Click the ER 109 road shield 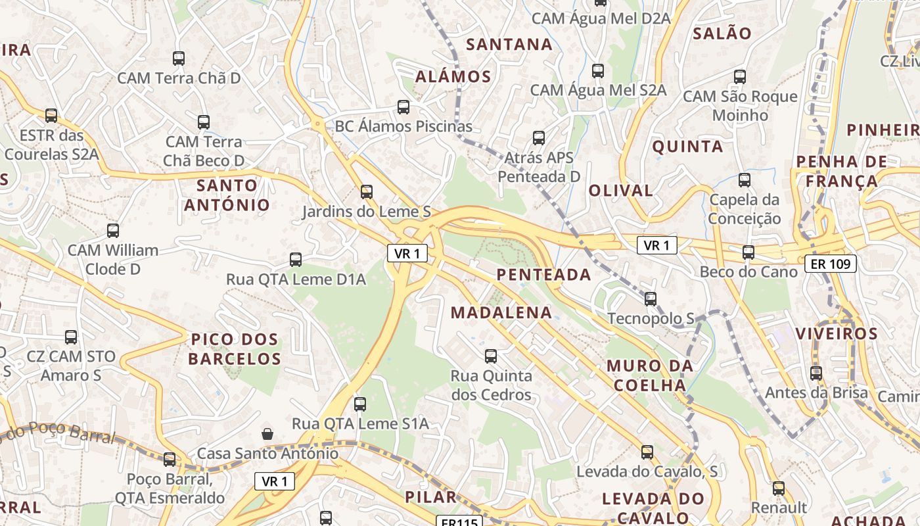click(831, 264)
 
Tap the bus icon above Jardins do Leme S click(367, 192)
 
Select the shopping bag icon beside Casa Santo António click(267, 434)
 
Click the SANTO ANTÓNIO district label click(227, 195)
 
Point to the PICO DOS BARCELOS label click(235, 349)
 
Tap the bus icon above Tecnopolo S click(651, 299)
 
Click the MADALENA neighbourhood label click(501, 313)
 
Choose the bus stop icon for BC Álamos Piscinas click(403, 107)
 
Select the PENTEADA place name click(544, 275)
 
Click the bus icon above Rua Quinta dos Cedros click(491, 356)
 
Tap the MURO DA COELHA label click(649, 375)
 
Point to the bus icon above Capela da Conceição click(745, 179)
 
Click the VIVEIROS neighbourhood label click(837, 333)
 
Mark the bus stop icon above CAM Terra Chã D click(179, 59)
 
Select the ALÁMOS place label click(453, 76)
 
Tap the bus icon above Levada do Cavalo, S click(647, 452)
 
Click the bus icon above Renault click(779, 489)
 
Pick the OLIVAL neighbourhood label click(620, 191)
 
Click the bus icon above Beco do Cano click(748, 252)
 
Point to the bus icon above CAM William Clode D click(113, 231)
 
